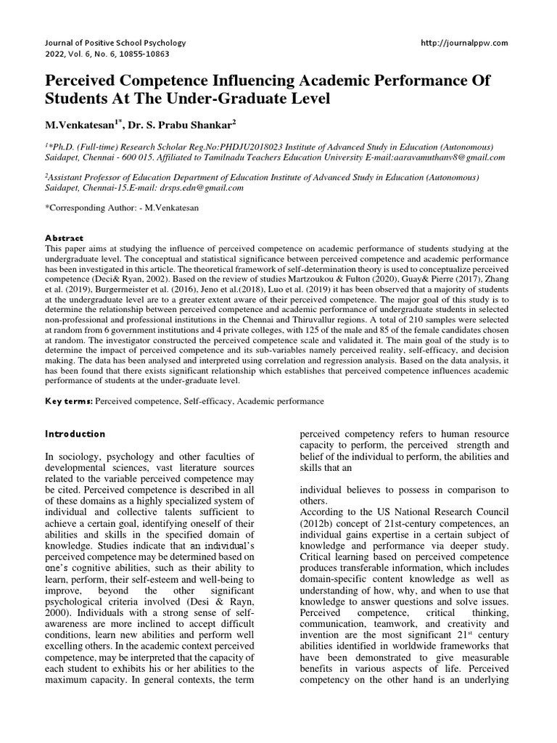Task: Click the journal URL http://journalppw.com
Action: click(x=464, y=43)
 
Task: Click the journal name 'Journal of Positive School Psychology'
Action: click(x=115, y=43)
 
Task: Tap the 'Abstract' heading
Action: click(x=65, y=238)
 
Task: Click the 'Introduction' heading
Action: click(x=75, y=434)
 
